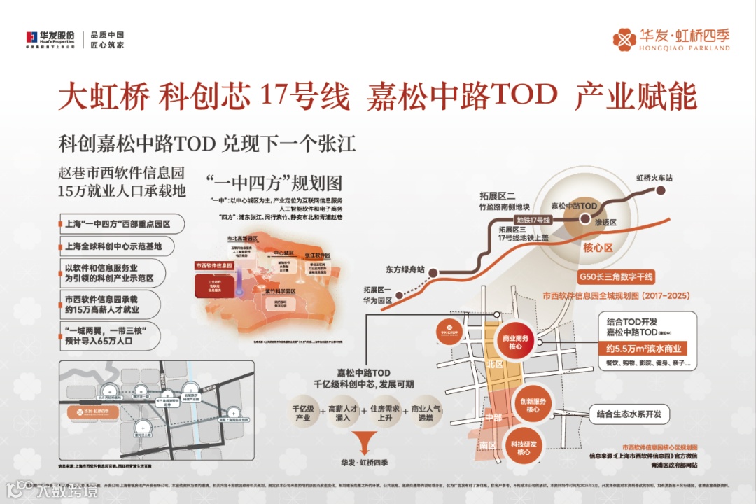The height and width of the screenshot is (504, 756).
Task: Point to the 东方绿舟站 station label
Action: [x=405, y=269]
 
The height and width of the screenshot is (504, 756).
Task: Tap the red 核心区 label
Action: [x=598, y=247]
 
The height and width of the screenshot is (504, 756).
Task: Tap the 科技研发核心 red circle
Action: [x=524, y=448]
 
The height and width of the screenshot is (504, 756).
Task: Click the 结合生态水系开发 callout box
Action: [x=629, y=414]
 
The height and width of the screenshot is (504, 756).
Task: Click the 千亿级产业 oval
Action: [x=302, y=412]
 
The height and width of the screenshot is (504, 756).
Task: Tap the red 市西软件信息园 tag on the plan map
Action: [x=213, y=266]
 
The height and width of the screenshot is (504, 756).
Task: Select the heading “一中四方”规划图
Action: [x=274, y=183]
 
